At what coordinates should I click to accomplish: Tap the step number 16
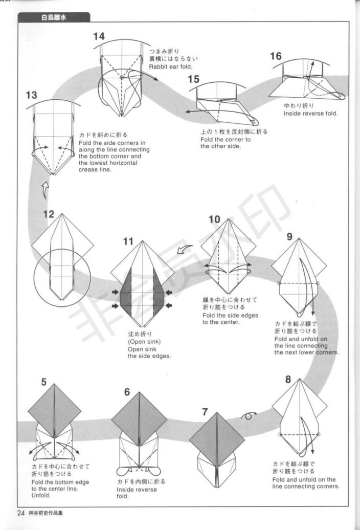point(276,56)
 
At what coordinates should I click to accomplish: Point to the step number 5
point(44,382)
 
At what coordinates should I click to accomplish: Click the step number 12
point(49,214)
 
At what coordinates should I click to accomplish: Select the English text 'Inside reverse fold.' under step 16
point(310,114)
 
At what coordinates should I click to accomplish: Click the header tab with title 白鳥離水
point(54,17)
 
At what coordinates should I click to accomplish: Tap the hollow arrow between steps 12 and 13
point(45,191)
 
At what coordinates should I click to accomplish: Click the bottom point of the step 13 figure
point(53,174)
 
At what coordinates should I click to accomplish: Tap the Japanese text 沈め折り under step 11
point(140,334)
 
